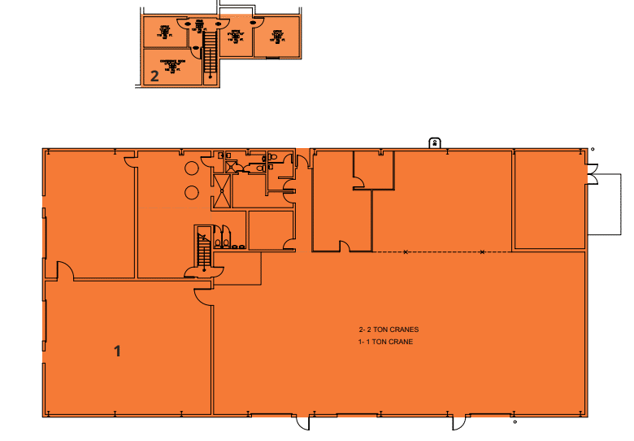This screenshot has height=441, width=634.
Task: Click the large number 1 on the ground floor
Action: (118, 351)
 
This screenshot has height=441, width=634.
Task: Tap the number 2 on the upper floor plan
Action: (154, 76)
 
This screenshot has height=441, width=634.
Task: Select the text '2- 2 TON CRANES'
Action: (389, 330)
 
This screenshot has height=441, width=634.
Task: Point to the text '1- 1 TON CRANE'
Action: (386, 342)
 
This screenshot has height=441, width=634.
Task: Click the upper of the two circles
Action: (192, 168)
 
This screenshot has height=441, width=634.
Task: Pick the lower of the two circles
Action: (192, 193)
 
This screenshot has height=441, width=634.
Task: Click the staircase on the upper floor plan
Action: (208, 53)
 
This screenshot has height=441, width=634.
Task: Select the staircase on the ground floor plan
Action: (203, 249)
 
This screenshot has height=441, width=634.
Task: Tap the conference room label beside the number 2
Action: (172, 65)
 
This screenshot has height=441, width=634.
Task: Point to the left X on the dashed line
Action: (405, 252)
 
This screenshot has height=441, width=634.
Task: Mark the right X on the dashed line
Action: (483, 252)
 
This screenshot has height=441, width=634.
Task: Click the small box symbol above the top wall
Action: (435, 142)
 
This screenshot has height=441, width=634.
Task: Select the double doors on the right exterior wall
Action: (591, 175)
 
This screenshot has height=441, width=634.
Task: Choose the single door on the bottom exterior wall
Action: (302, 423)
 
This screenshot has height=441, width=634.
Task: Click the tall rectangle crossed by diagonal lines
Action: (222, 193)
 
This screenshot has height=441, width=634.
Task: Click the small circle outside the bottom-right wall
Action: (515, 423)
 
